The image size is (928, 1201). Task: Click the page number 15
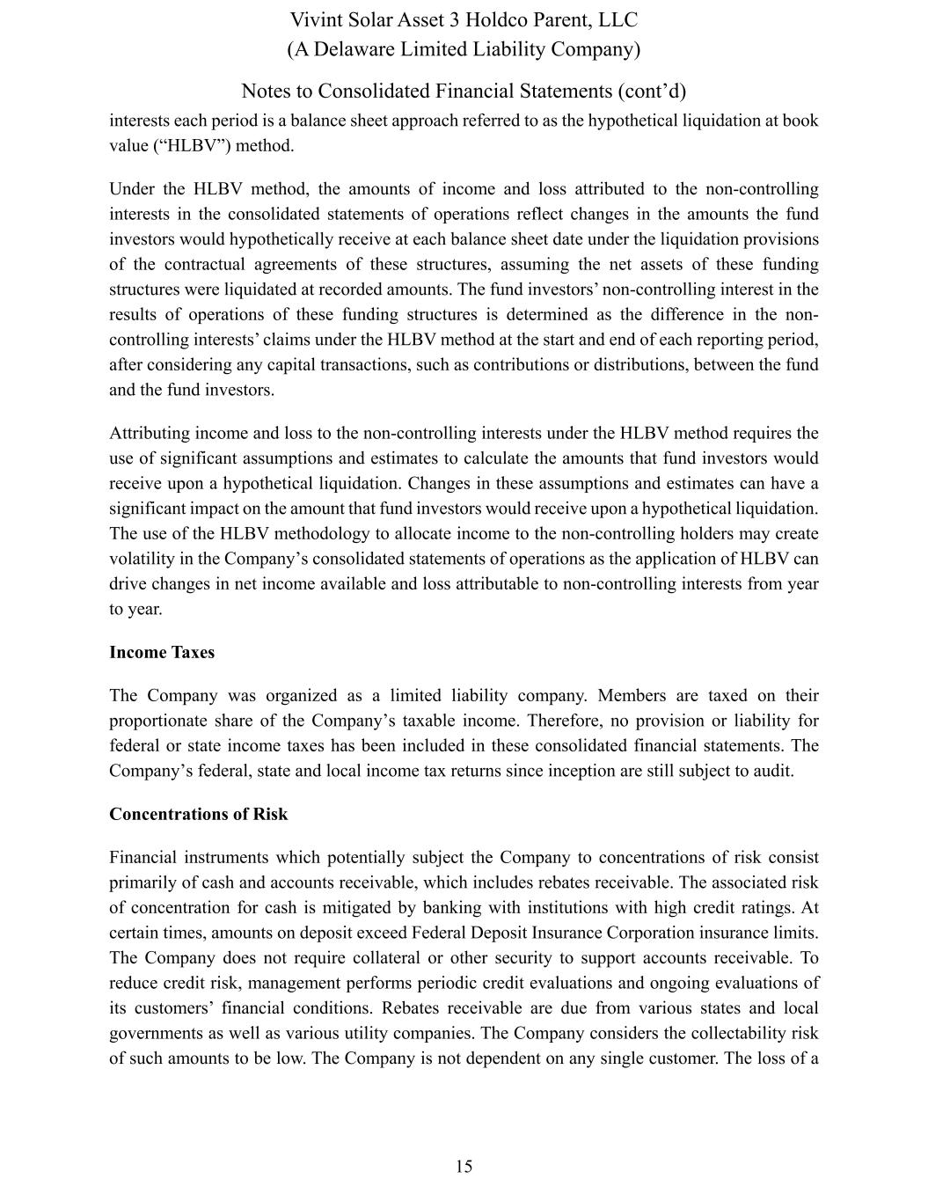tap(464, 1167)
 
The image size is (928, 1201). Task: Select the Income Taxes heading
tap(162, 652)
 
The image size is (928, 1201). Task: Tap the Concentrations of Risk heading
tap(198, 814)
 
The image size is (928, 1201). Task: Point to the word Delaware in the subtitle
tap(353, 48)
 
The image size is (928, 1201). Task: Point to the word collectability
tap(741, 1034)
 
